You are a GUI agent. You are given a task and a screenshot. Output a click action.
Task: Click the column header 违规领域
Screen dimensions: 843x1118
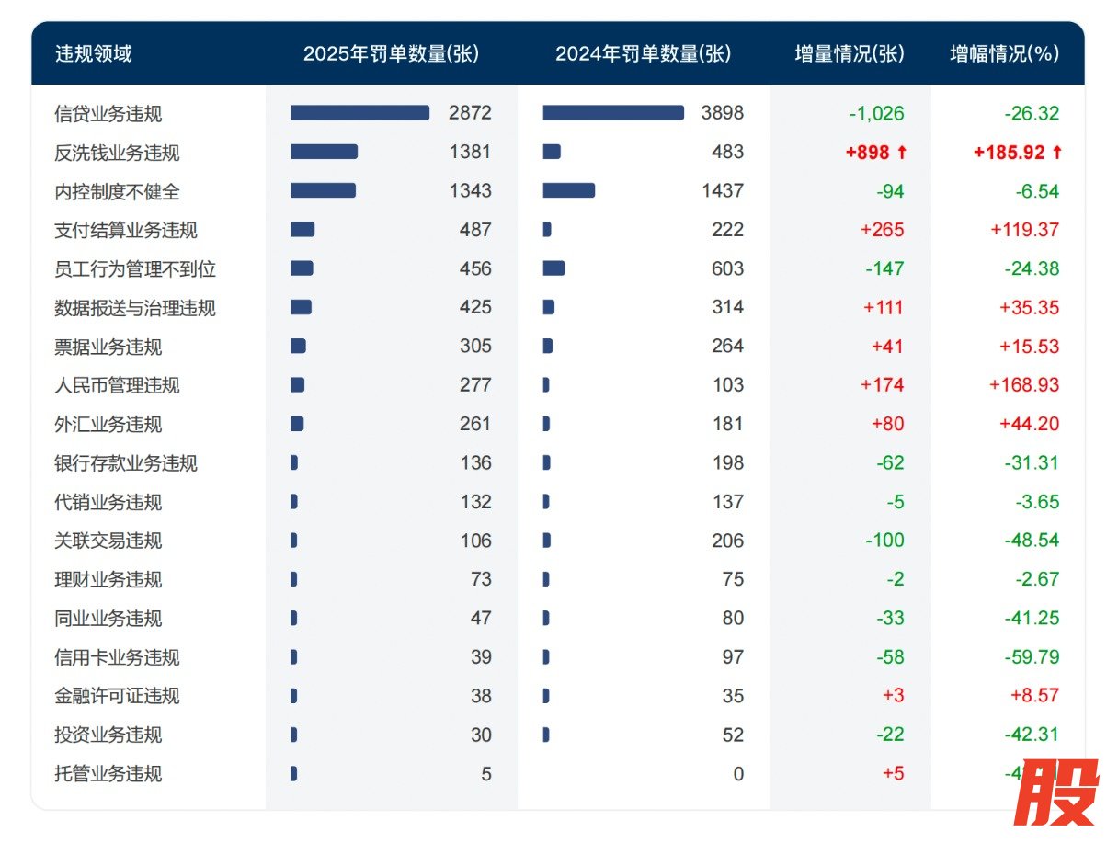click(93, 53)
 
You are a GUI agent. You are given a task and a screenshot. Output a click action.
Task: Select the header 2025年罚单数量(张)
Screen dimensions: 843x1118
click(391, 53)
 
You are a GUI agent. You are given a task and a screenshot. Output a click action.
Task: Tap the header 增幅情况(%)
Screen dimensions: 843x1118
click(1004, 53)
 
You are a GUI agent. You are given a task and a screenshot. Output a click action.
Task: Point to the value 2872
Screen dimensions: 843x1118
click(470, 113)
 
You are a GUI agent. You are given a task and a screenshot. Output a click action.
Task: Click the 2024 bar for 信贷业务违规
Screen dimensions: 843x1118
click(613, 113)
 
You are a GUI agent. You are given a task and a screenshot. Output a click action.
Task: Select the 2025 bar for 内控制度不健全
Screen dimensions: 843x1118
click(323, 190)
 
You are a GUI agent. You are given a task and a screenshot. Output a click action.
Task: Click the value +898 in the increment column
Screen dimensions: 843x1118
click(875, 153)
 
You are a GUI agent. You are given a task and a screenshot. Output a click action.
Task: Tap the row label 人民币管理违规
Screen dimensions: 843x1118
click(117, 385)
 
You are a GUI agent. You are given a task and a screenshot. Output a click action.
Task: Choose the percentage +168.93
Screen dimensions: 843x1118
click(1024, 385)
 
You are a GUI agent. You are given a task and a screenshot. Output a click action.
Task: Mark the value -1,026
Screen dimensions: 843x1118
click(876, 114)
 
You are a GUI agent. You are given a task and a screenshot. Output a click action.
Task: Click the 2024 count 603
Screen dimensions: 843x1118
click(727, 268)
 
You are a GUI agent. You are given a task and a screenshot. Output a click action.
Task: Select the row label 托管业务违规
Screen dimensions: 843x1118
click(108, 774)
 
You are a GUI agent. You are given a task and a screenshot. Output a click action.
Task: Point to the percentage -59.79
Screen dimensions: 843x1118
click(1032, 657)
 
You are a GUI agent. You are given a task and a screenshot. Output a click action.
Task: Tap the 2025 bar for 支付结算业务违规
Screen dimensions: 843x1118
click(302, 230)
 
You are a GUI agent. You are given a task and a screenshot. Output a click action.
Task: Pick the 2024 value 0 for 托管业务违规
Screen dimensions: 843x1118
click(737, 774)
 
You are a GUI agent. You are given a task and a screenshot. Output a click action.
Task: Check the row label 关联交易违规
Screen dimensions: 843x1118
click(108, 541)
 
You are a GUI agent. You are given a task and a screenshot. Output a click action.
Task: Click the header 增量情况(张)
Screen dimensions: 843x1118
click(850, 53)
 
